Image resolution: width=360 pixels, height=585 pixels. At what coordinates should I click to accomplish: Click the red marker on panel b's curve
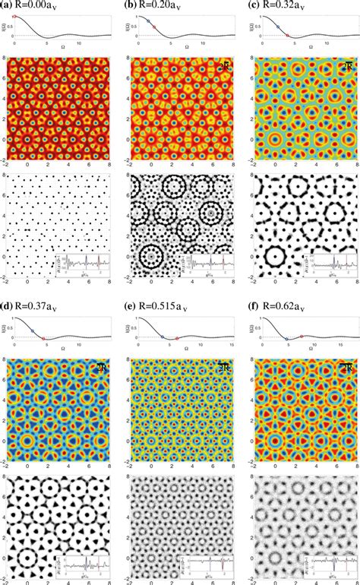(x=153, y=27)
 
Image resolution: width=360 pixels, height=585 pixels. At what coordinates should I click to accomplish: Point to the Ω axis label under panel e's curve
(x=179, y=348)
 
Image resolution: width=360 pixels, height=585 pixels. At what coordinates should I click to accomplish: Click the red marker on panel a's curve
(x=16, y=16)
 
